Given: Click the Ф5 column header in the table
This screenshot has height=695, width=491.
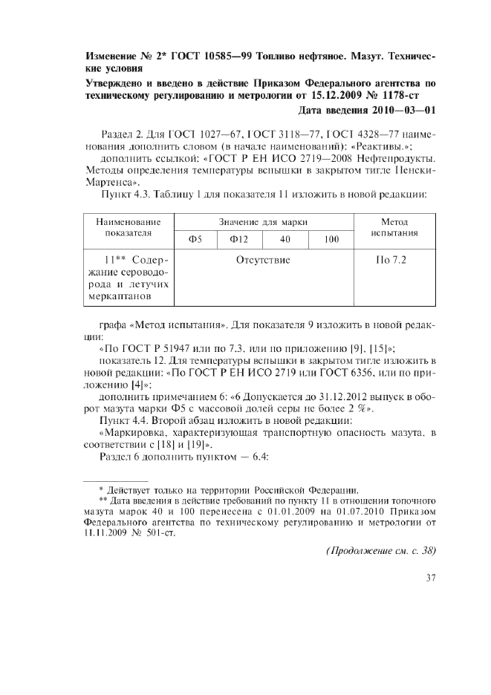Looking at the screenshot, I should (196, 239).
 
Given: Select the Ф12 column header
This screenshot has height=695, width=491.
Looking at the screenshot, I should (238, 239).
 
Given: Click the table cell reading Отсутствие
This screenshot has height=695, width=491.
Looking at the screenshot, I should (262, 261).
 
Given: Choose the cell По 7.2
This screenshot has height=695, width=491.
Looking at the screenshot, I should (394, 261).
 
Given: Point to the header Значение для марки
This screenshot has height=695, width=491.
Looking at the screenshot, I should (262, 222).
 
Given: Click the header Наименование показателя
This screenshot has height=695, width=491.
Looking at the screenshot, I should (129, 227).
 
